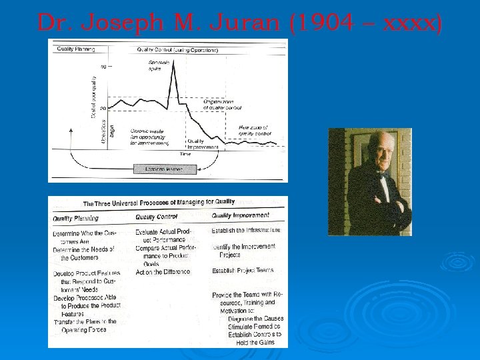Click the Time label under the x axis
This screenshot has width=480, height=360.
(185, 154)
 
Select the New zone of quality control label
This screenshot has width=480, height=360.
(255, 130)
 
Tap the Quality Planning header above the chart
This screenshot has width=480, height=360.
(75, 49)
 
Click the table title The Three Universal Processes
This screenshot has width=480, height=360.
(159, 202)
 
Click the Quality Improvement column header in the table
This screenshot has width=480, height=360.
(241, 215)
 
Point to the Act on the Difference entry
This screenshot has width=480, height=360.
(163, 272)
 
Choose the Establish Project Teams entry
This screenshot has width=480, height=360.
(243, 271)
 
